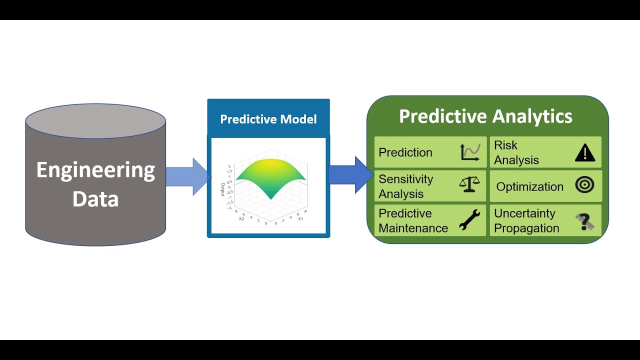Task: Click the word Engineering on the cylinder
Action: (95, 171)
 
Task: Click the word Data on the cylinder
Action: (95, 198)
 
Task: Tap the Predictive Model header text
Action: (268, 119)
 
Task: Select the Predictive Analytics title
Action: (485, 116)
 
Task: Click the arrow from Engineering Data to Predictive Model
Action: (187, 176)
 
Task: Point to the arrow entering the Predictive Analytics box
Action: (350, 174)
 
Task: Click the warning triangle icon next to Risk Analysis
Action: (584, 152)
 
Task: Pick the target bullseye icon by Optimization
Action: (584, 185)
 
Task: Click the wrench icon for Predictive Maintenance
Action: (469, 220)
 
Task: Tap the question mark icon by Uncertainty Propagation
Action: (584, 221)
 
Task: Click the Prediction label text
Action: (405, 152)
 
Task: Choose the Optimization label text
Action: (529, 186)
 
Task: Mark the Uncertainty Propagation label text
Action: (526, 220)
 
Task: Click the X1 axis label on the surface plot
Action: (300, 219)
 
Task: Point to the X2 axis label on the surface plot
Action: (241, 219)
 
